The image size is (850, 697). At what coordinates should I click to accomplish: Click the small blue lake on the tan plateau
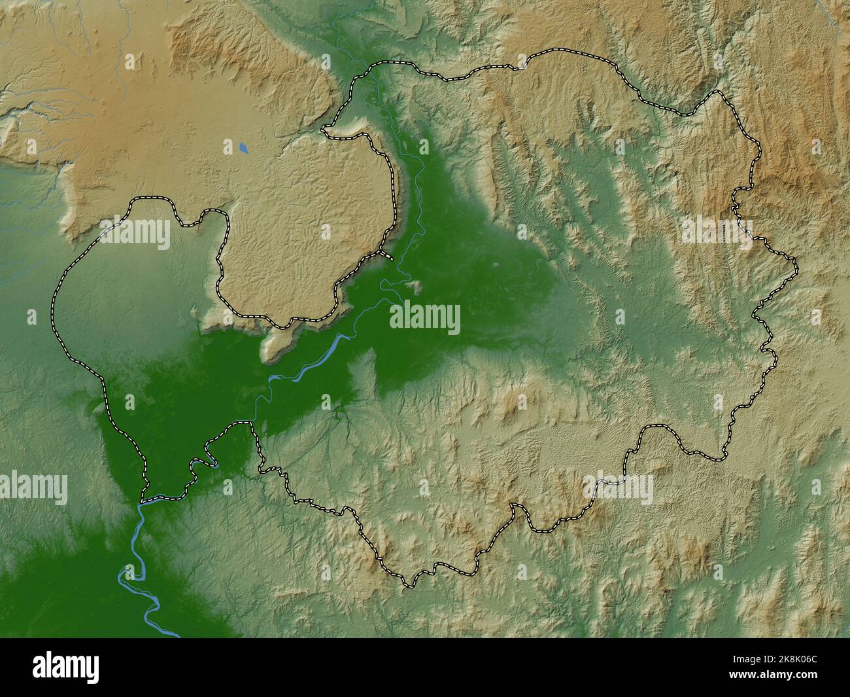coord(243,149)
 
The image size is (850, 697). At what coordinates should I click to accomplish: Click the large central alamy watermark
coord(424,318)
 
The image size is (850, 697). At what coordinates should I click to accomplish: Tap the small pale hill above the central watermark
coord(413,285)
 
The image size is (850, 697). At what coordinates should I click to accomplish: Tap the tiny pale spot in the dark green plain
coord(495,265)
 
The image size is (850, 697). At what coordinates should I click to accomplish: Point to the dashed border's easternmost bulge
coord(796,265)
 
